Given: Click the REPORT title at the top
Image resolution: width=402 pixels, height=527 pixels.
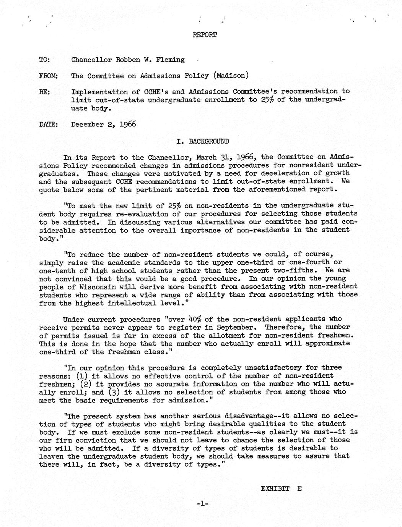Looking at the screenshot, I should (205, 35).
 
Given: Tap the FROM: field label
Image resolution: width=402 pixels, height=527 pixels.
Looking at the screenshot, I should (48, 76).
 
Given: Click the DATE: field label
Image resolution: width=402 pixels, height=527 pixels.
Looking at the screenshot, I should (48, 124).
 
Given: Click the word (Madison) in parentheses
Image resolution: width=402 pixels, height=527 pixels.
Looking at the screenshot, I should (231, 76).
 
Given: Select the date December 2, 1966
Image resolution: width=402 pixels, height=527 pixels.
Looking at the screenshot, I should (103, 124).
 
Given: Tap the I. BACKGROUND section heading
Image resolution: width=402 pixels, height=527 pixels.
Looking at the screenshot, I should (203, 141).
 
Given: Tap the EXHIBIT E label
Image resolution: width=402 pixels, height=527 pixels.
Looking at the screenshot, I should (281, 488).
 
